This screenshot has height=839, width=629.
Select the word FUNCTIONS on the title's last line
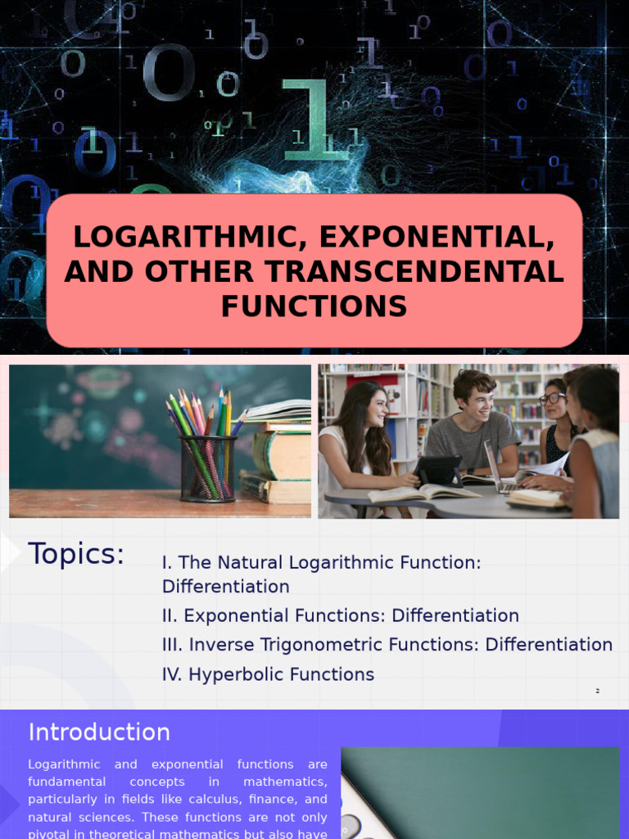tap(314, 306)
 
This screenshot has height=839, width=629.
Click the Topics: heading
tap(76, 554)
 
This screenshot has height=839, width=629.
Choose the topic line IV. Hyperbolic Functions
tap(268, 674)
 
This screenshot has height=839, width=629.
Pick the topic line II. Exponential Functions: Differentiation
tap(340, 615)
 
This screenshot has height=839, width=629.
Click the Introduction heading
tap(99, 732)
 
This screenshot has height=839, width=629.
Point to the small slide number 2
tap(597, 692)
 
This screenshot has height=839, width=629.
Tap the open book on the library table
tap(423, 493)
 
